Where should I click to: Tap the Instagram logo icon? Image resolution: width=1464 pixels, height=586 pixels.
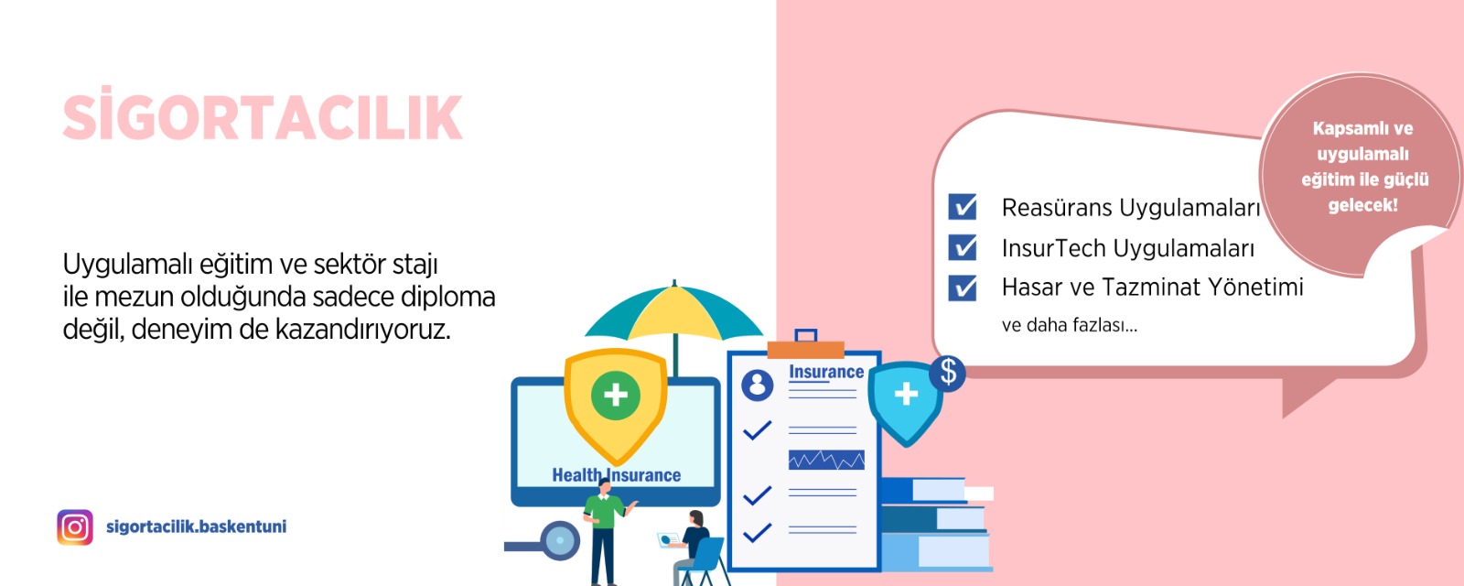pyautogui.click(x=75, y=527)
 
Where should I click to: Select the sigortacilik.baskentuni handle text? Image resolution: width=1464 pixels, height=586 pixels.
pyautogui.click(x=196, y=526)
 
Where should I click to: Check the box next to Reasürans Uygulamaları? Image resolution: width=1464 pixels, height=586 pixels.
pyautogui.click(x=963, y=207)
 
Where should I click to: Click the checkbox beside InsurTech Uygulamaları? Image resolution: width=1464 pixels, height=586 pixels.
pyautogui.click(x=963, y=247)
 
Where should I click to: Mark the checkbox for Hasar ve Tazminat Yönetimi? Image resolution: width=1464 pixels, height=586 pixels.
pyautogui.click(x=963, y=288)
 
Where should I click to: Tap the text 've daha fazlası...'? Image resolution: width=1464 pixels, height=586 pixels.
pyautogui.click(x=1070, y=325)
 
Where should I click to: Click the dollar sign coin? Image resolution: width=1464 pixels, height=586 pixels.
pyautogui.click(x=948, y=373)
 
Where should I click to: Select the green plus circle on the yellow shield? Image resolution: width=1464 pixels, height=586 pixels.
pyautogui.click(x=615, y=395)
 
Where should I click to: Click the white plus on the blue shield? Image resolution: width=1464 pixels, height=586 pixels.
pyautogui.click(x=906, y=395)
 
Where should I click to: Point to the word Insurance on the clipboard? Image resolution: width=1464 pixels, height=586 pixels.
pyautogui.click(x=826, y=372)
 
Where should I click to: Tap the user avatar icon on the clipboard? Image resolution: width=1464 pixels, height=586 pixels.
pyautogui.click(x=758, y=385)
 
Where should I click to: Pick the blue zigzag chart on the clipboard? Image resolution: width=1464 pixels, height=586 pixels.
pyautogui.click(x=826, y=460)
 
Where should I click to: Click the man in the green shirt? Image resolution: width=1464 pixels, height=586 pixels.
pyautogui.click(x=605, y=531)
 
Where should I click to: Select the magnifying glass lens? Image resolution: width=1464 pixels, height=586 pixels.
pyautogui.click(x=559, y=540)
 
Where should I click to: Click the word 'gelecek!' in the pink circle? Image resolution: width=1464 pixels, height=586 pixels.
pyautogui.click(x=1363, y=205)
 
